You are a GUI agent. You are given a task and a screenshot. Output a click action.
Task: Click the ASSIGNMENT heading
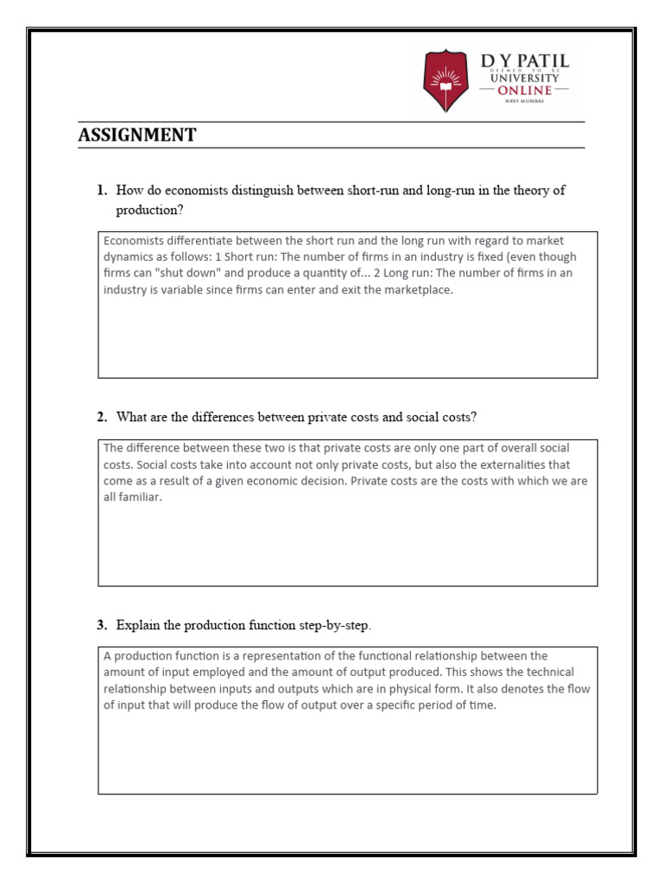(136, 135)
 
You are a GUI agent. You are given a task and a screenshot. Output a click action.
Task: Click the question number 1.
(101, 190)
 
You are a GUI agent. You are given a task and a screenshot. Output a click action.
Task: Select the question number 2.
(101, 417)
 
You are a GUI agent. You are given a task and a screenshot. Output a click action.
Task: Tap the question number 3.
(101, 624)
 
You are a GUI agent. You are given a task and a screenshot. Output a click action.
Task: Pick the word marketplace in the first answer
(409, 290)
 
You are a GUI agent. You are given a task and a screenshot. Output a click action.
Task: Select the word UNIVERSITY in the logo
(525, 78)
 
